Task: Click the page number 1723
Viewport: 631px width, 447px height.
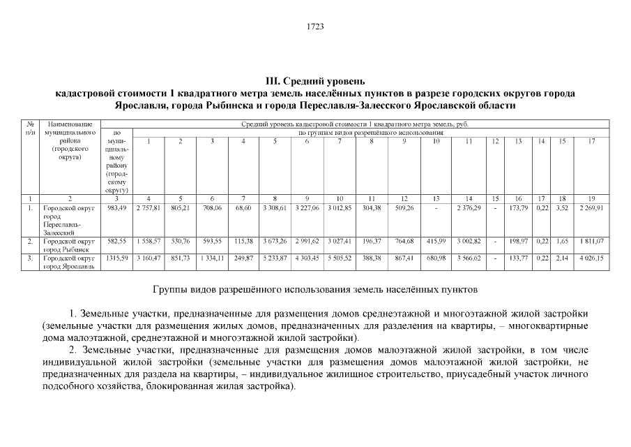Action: [315, 27]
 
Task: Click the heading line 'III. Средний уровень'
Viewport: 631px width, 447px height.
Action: [315, 82]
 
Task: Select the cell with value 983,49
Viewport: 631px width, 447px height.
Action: [116, 208]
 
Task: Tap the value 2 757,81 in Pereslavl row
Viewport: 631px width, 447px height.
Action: [148, 208]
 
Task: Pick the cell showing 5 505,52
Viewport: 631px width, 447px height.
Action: [340, 258]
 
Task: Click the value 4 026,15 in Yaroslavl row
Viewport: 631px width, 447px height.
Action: [591, 258]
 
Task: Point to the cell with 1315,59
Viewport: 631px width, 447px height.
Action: [116, 258]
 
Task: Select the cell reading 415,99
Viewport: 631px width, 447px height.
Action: [436, 242]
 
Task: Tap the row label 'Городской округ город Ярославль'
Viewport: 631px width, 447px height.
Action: [67, 262]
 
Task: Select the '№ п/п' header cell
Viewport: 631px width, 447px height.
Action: [30, 127]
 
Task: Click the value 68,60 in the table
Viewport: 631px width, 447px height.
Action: [243, 208]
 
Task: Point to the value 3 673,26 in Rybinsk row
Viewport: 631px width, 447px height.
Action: [275, 242]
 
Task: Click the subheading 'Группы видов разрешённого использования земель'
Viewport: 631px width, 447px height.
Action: [315, 288]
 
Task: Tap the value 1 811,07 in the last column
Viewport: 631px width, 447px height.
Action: [591, 242]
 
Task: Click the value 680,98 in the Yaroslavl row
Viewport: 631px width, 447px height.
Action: [436, 258]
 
